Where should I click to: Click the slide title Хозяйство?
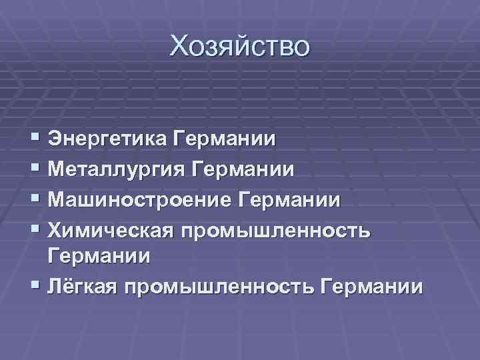(239, 47)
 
